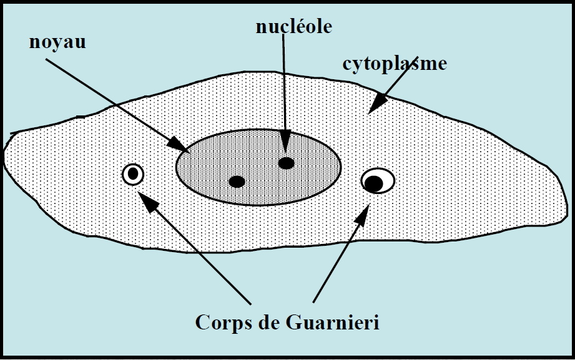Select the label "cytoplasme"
pyautogui.click(x=395, y=64)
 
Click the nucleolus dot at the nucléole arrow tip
pyautogui.click(x=286, y=163)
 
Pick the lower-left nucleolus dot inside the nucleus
pyautogui.click(x=237, y=182)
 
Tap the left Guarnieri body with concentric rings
pyautogui.click(x=133, y=174)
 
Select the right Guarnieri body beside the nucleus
pyautogui.click(x=378, y=181)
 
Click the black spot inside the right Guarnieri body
pyautogui.click(x=373, y=183)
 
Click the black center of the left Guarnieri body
pyautogui.click(x=133, y=174)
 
